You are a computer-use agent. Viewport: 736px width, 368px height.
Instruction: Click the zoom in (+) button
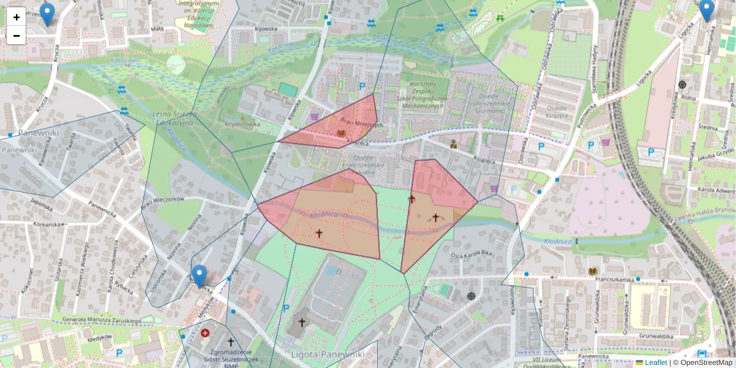coord(17,17)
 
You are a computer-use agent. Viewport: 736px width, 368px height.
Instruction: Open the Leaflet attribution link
coord(656,362)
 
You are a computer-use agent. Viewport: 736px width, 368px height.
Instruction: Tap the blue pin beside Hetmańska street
coord(707,10)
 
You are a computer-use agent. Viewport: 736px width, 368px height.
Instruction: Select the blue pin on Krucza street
coord(47,14)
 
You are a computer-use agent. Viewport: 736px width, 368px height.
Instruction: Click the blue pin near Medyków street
coord(199,276)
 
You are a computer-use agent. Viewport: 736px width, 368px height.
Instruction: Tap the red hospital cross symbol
coord(205,333)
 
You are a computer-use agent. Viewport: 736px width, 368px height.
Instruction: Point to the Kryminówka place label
coord(242,124)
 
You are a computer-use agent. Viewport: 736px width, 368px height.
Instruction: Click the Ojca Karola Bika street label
coord(472,253)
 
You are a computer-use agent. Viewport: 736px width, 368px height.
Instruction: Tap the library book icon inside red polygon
coord(342,133)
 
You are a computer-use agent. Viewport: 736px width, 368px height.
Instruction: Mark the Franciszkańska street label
coord(608,278)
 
